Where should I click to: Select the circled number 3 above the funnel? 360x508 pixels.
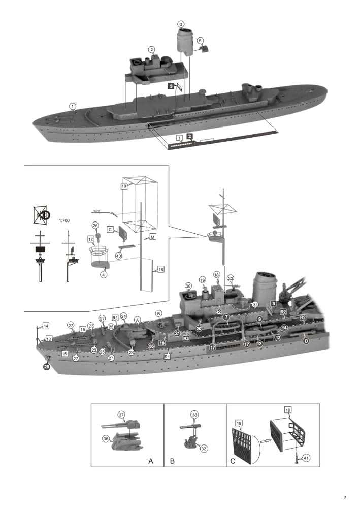pyautogui.click(x=181, y=24)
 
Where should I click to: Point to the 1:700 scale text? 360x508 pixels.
pyautogui.click(x=64, y=220)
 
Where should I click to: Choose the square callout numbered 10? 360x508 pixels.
pyautogui.click(x=123, y=186)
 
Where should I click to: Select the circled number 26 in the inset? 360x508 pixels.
pyautogui.click(x=95, y=225)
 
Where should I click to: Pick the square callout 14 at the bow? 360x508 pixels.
pyautogui.click(x=46, y=326)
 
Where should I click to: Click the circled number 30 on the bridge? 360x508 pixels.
pyautogui.click(x=188, y=287)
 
